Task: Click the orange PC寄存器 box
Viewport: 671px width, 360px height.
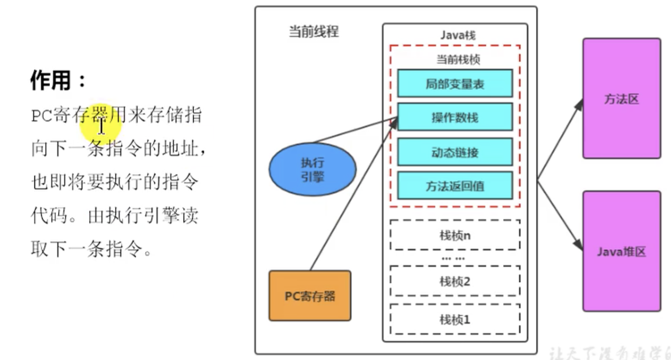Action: pos(310,295)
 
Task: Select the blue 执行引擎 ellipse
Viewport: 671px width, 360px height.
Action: pos(313,169)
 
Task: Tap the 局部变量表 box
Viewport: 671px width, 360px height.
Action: pos(455,83)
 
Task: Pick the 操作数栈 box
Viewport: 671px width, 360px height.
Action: pos(455,117)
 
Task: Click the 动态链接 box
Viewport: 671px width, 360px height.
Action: pos(455,152)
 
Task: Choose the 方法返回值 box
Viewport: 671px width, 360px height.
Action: pos(455,186)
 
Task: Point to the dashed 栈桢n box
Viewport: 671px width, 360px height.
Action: pos(455,235)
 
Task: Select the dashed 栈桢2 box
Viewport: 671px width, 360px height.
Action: pos(455,281)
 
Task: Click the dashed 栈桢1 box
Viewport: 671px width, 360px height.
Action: pos(455,319)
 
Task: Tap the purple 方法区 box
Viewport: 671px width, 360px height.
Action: pos(621,99)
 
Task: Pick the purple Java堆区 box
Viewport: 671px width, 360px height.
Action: pos(621,251)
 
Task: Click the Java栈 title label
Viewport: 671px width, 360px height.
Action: pos(458,35)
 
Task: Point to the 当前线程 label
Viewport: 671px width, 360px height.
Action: pos(314,31)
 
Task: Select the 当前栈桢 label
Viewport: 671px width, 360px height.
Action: pos(458,59)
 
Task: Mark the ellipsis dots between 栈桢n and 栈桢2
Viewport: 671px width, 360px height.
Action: pos(453,259)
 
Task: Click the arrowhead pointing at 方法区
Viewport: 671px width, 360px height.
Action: pos(579,104)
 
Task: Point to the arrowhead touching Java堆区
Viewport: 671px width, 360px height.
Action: pos(578,244)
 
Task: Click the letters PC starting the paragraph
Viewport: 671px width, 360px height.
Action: pos(41,116)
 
